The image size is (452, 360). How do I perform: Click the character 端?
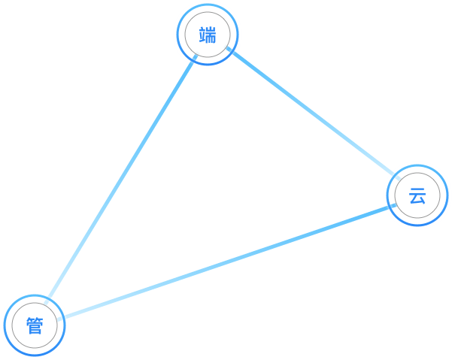[207, 35]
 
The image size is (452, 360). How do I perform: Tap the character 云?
[417, 197]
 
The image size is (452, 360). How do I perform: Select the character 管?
[35, 326]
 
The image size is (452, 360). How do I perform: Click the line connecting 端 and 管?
[120, 180]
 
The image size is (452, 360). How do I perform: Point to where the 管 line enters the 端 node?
[195, 57]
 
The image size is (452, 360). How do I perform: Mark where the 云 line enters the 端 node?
[229, 50]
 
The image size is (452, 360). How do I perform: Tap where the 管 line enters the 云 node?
[392, 206]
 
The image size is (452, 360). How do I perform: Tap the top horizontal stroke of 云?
[417, 191]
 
